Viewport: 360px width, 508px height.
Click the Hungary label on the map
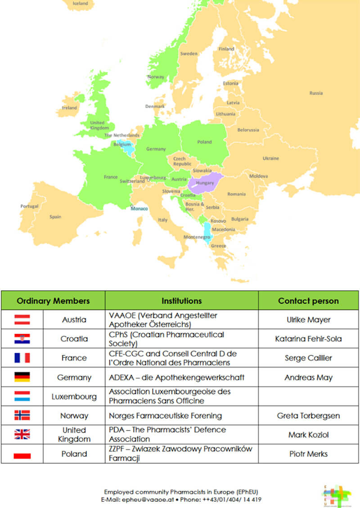[205, 183]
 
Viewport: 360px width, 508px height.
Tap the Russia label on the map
[316, 93]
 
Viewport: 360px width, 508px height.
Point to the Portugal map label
[29, 206]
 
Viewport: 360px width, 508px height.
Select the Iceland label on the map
[81, 3]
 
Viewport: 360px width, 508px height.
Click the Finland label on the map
[226, 49]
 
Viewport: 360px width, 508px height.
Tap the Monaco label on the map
[139, 208]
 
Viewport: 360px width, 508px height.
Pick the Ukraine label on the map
[270, 158]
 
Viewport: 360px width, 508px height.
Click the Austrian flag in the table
[22, 319]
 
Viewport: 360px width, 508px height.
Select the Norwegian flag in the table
[22, 415]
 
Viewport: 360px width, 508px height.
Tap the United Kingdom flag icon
[22, 434]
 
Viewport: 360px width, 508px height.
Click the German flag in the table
[22, 377]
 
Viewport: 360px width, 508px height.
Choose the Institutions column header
[181, 301]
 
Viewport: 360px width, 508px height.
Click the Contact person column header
[308, 301]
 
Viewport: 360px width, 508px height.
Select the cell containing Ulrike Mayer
[308, 320]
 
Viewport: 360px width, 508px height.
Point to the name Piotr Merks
[308, 454]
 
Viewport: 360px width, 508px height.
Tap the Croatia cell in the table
[74, 339]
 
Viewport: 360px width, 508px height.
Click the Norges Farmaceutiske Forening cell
[166, 415]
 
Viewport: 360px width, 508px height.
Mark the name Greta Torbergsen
[308, 415]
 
